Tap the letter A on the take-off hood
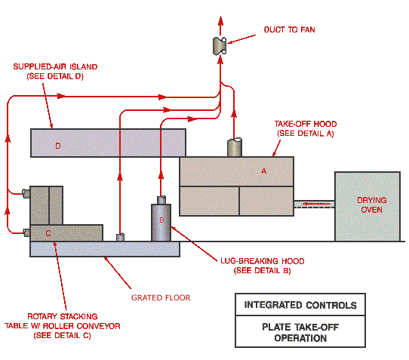tap(264, 171)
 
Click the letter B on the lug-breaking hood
tap(161, 220)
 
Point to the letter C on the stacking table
tap(48, 233)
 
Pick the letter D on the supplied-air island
tap(57, 146)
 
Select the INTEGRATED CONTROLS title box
tap(300, 306)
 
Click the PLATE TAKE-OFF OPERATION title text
tap(300, 333)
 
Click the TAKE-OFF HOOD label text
tap(304, 128)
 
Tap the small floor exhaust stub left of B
tap(119, 238)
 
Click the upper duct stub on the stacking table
tap(26, 194)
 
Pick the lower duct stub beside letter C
tap(26, 232)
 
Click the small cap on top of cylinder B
tap(161, 200)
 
